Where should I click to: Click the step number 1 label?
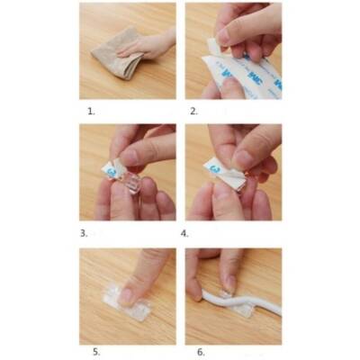pos(90,112)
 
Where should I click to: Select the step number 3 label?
pos(84,232)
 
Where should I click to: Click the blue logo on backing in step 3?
pos(109,168)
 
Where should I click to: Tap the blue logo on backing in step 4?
pos(213,167)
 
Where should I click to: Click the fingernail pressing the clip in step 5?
pos(127,293)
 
